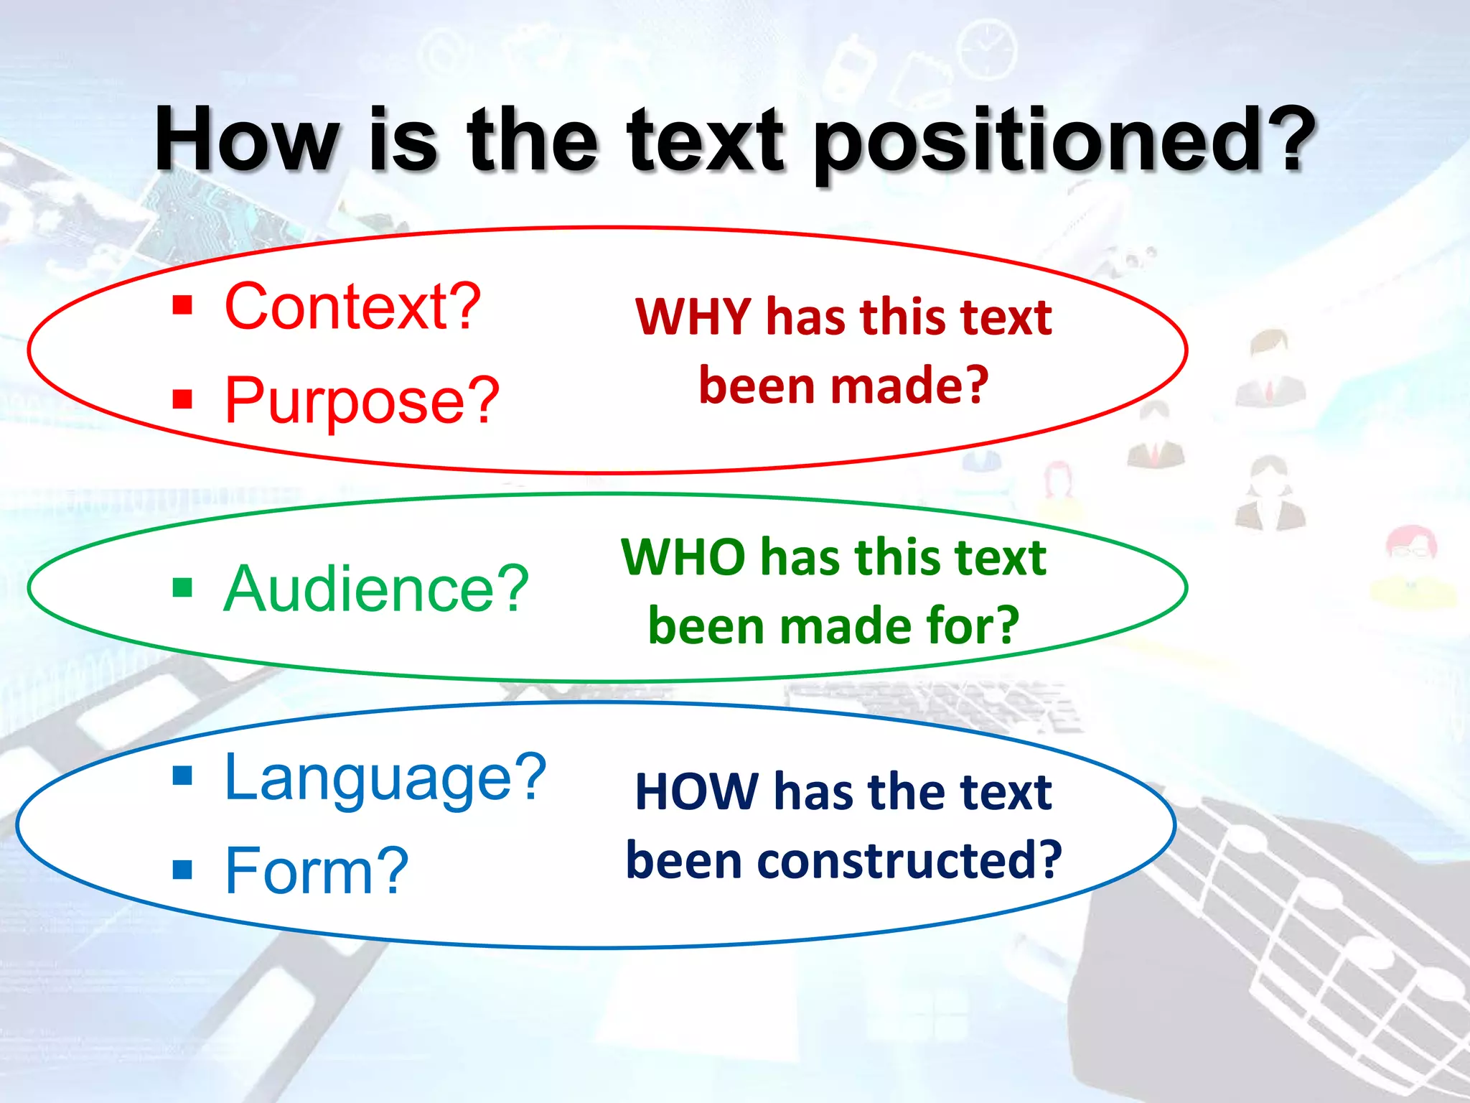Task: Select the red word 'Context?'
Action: pyautogui.click(x=352, y=307)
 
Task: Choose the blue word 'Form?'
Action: pyautogui.click(x=317, y=871)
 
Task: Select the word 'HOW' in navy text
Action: pyautogui.click(x=697, y=792)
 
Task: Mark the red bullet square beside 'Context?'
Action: pyautogui.click(x=183, y=306)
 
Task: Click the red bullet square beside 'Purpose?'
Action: pyautogui.click(x=183, y=399)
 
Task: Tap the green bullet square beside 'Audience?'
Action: pyautogui.click(x=183, y=588)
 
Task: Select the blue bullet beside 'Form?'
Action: pyautogui.click(x=183, y=870)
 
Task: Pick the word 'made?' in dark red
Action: pyautogui.click(x=909, y=386)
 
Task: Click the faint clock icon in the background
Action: pyautogui.click(x=988, y=47)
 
